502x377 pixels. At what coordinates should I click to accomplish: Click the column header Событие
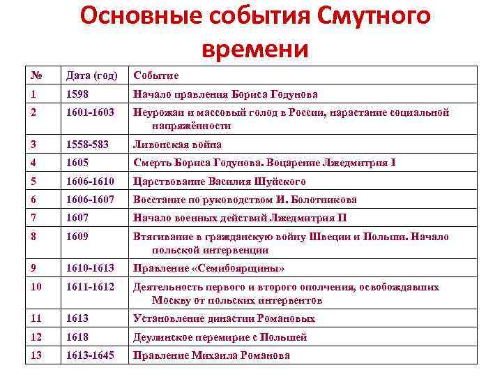click(x=155, y=75)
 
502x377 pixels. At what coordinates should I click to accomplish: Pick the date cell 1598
click(x=77, y=94)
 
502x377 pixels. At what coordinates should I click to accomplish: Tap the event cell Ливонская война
click(x=177, y=145)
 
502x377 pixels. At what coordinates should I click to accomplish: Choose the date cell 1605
click(x=77, y=163)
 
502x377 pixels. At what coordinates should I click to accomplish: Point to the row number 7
click(x=33, y=218)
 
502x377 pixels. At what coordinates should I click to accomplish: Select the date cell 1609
click(x=77, y=237)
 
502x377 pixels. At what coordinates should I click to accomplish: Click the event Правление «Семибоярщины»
click(x=209, y=268)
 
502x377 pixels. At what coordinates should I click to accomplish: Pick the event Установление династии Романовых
click(x=224, y=318)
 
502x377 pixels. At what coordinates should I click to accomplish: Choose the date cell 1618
click(x=77, y=337)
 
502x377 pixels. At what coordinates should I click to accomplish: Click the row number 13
click(x=36, y=355)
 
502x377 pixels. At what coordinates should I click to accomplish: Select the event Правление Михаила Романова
click(x=211, y=355)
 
